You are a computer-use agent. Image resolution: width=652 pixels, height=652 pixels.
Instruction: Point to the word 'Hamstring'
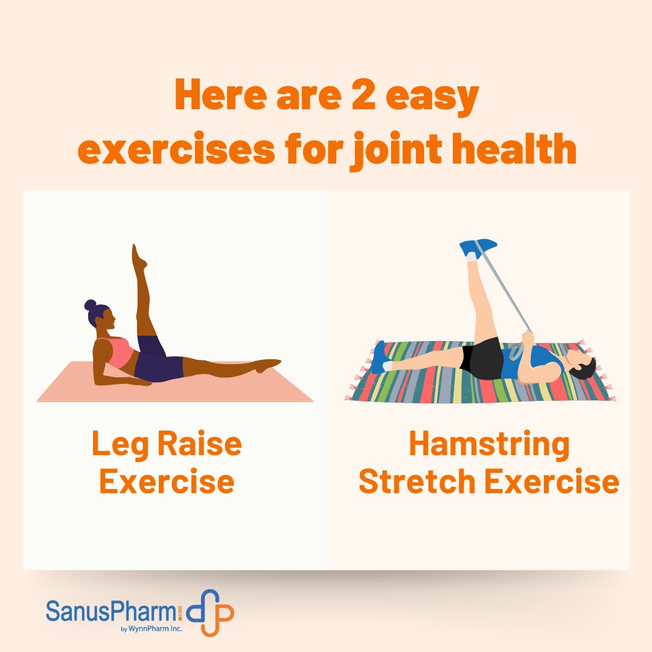[489, 444]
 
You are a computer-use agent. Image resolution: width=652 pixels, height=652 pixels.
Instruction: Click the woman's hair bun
[90, 305]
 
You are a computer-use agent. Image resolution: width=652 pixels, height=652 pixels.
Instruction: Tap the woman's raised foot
[138, 257]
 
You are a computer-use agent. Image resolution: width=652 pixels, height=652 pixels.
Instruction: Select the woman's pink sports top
[118, 352]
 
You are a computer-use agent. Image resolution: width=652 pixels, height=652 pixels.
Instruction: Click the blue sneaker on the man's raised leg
[478, 247]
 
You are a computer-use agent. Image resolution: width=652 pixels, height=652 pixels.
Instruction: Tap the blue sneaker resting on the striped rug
[379, 357]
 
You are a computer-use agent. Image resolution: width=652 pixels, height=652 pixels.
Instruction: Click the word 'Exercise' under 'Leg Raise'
[167, 482]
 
